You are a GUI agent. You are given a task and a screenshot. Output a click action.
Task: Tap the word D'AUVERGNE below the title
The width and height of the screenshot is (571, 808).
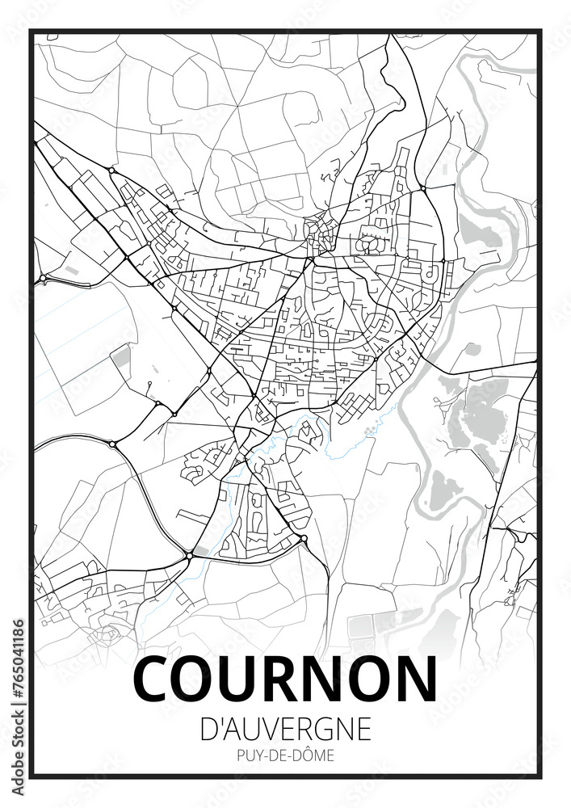click(285, 729)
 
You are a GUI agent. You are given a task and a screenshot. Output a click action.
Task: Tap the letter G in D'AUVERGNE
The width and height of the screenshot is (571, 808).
click(331, 729)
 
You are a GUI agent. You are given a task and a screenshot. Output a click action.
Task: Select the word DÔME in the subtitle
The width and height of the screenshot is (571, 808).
click(315, 757)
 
